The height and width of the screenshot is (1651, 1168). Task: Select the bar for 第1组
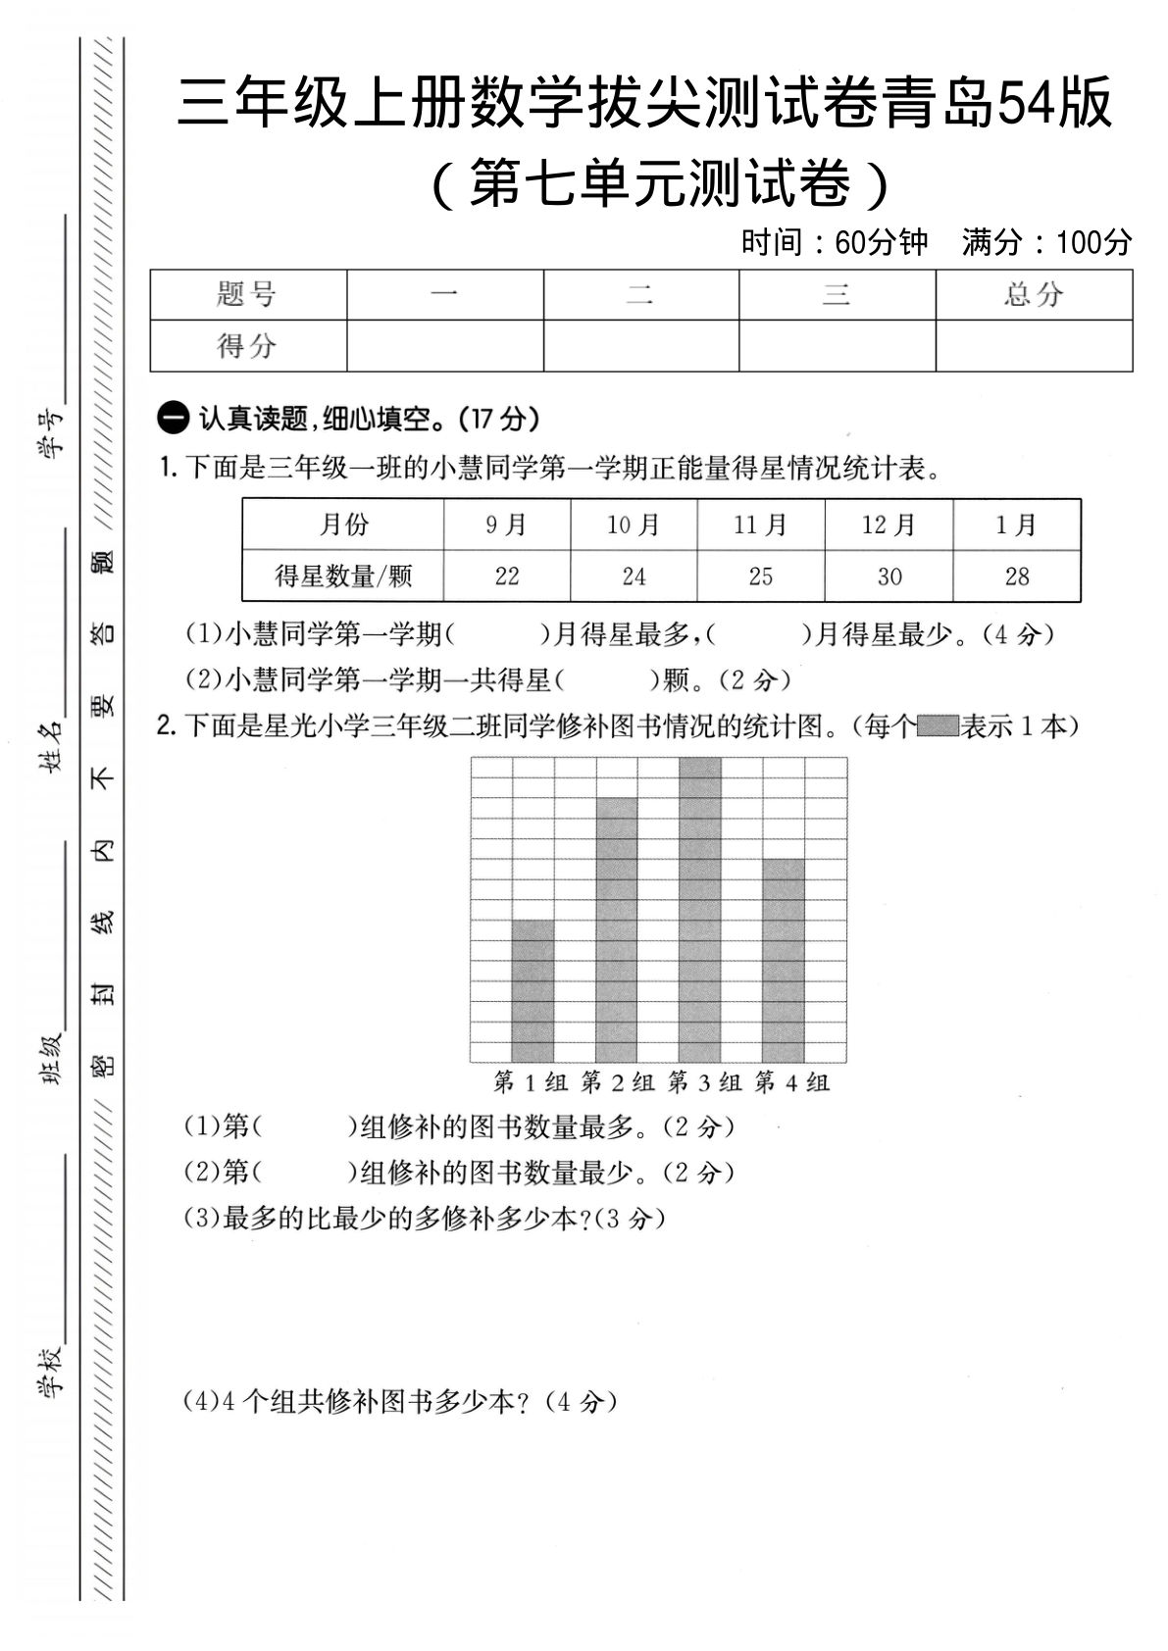[532, 990]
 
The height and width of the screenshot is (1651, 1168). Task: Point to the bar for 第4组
[783, 961]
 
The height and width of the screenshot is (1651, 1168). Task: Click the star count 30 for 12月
[889, 576]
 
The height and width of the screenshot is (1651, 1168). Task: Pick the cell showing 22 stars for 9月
[507, 576]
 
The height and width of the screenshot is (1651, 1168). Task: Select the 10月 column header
[634, 525]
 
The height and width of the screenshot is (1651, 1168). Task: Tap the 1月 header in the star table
[1016, 525]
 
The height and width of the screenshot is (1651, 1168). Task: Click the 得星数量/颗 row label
[343, 576]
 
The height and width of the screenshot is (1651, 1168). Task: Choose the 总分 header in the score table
[1034, 294]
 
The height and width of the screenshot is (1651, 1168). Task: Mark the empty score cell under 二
[641, 345]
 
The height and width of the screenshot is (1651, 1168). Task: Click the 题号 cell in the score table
[247, 294]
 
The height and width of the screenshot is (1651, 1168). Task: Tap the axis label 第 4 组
[792, 1082]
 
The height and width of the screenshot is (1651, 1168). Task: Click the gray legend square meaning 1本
[939, 726]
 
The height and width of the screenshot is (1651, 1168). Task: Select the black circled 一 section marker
[173, 420]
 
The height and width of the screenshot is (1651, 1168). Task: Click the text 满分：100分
[1046, 242]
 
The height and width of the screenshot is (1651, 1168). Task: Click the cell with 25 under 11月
[761, 576]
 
